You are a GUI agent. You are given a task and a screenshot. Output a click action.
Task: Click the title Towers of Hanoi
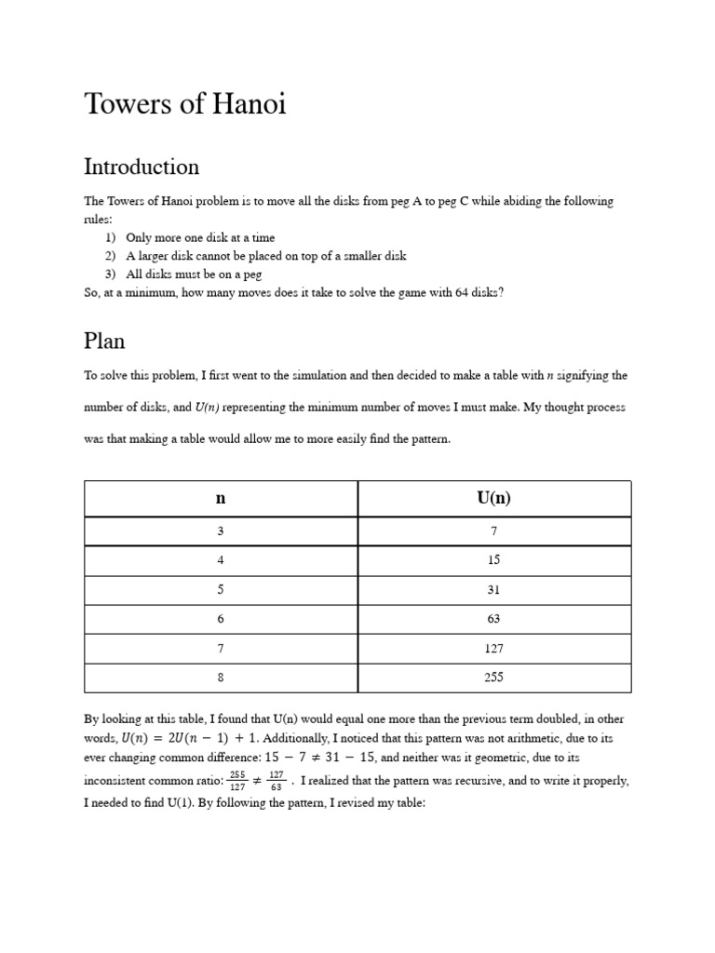tap(185, 104)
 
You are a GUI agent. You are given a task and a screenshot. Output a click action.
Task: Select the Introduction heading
tap(142, 168)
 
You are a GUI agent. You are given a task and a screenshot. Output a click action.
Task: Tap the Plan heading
tap(104, 341)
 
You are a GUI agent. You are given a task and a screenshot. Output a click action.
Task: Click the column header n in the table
tap(221, 498)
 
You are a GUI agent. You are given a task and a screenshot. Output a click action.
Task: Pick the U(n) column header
tap(493, 498)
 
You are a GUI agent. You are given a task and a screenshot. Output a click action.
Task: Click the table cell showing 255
tap(493, 678)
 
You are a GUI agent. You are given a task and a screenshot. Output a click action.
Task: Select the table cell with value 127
tap(493, 649)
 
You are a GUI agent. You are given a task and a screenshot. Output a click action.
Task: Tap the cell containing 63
tap(493, 619)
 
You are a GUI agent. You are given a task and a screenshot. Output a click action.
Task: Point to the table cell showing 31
tap(493, 590)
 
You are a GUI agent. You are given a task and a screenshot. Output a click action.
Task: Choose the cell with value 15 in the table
tap(493, 560)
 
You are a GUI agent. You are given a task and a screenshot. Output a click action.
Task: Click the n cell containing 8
tap(221, 678)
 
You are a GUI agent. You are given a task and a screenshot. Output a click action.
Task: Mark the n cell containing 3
tap(221, 530)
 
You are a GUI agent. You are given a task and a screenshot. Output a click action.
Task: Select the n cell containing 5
tap(221, 590)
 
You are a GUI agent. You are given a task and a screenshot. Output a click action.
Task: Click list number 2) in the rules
tap(109, 256)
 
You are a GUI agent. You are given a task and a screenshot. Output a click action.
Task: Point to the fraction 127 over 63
tap(277, 781)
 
